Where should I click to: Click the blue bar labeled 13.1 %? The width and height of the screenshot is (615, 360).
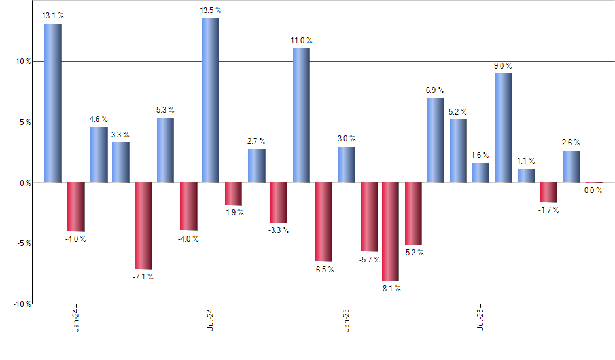pyautogui.click(x=53, y=103)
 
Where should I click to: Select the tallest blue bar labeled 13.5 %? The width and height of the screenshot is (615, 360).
pyautogui.click(x=211, y=99)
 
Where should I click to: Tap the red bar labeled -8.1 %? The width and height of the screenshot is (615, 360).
pyautogui.click(x=391, y=231)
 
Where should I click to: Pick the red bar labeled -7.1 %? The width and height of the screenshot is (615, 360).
pyautogui.click(x=143, y=225)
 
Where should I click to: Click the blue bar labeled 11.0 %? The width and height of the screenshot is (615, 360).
pyautogui.click(x=301, y=115)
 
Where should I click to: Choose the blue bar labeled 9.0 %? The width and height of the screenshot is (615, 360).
pyautogui.click(x=504, y=128)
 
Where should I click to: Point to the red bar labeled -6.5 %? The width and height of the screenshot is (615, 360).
pyautogui.click(x=323, y=221)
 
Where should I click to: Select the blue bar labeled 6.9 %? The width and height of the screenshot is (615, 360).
pyautogui.click(x=436, y=140)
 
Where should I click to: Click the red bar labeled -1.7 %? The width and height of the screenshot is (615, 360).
pyautogui.click(x=548, y=192)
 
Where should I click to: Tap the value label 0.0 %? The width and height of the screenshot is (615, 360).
pyautogui.click(x=593, y=190)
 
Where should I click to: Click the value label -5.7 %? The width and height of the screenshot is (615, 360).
pyautogui.click(x=370, y=259)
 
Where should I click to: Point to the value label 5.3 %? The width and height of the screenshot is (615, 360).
pyautogui.click(x=166, y=110)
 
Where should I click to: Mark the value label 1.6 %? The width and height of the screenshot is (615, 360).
pyautogui.click(x=481, y=155)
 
